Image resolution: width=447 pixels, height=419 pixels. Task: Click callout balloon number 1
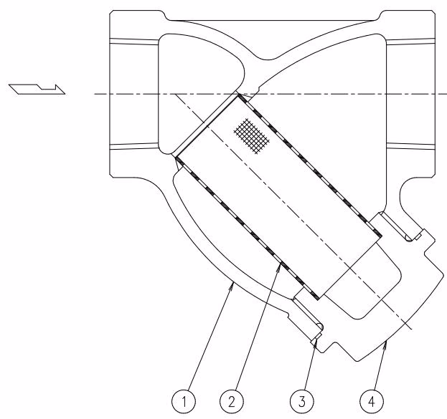184,402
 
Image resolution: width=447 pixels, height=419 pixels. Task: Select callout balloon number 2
232,402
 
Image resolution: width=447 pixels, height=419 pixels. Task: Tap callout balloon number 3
301,402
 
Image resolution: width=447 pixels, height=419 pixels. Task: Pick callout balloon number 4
372,402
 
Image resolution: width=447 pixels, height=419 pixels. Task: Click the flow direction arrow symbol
37,89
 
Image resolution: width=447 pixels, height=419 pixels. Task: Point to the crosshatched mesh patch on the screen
251,136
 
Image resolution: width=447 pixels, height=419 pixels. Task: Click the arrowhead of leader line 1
232,286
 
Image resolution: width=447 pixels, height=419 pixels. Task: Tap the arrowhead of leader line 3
316,342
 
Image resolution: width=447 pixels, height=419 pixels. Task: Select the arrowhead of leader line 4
385,345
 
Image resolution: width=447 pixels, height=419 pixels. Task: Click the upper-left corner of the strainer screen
238,95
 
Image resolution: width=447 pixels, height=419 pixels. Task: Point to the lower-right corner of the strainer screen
318,299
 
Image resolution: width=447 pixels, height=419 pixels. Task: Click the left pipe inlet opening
134,94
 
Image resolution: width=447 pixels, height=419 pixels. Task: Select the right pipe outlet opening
410,94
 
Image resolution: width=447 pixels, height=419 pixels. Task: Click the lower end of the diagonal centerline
412,329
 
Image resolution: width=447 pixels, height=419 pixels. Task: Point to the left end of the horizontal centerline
95,94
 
